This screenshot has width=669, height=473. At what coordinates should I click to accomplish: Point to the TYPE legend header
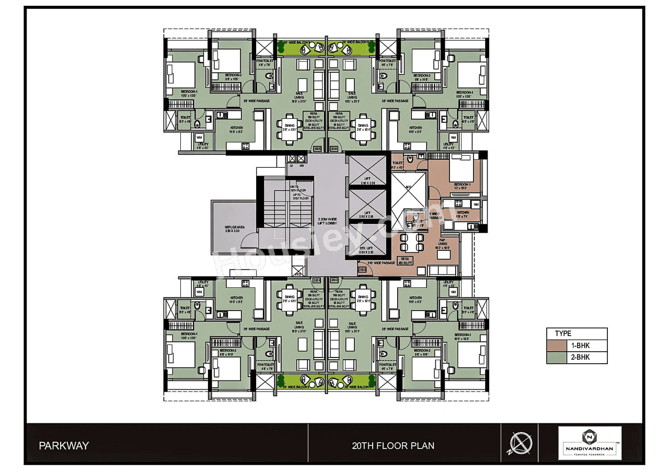[x=563, y=333]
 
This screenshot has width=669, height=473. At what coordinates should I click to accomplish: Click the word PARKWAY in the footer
[x=64, y=446]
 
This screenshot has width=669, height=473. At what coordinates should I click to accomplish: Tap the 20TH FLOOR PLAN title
[x=393, y=446]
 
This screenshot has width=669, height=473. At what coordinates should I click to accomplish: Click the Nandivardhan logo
[x=590, y=443]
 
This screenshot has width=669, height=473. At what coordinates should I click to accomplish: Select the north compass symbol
[x=520, y=444]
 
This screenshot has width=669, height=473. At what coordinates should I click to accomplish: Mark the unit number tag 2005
[x=317, y=149]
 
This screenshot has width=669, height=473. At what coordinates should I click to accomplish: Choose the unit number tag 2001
[x=317, y=280]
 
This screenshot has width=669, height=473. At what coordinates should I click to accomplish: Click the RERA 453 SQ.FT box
[x=405, y=260]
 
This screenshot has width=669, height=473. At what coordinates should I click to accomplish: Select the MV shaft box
[x=302, y=166]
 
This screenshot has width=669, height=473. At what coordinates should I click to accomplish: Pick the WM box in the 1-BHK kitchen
[x=476, y=203]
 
